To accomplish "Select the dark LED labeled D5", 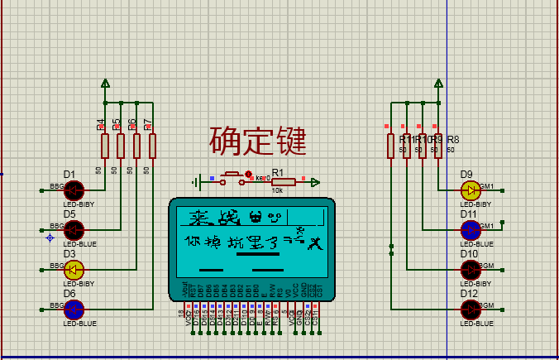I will [74, 229].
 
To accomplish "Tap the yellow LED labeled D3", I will [74, 269].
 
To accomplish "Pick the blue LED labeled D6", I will [74, 309].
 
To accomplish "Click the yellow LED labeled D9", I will [471, 190].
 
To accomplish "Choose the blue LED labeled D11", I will [471, 229].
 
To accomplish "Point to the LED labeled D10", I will [471, 269].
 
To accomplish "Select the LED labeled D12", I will [471, 309].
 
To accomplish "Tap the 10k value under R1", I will [277, 191].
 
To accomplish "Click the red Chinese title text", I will [257, 141].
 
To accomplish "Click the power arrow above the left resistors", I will [105, 83].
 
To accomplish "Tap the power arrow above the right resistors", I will [438, 83].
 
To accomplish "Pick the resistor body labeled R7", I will [152, 146].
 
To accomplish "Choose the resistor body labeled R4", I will [105, 146].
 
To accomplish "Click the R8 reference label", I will [453, 140].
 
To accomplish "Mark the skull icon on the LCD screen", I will [255, 218].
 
